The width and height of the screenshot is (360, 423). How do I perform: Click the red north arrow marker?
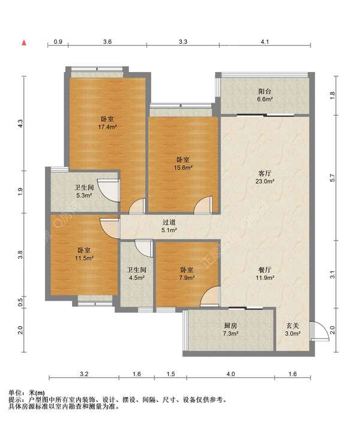click(x=24, y=43)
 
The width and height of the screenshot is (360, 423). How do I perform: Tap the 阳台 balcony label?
click(x=265, y=91)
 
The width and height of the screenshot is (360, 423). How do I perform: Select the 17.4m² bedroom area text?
click(x=107, y=127)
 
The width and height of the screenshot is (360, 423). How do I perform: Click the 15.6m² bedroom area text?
click(x=183, y=167)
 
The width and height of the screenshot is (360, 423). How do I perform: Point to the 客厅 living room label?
click(x=265, y=173)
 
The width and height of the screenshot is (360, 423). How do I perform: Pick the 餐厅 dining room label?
click(x=265, y=269)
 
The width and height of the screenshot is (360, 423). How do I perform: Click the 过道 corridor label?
click(x=169, y=222)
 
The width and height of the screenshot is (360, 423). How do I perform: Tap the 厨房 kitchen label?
click(x=230, y=326)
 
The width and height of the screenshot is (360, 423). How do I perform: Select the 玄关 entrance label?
click(x=293, y=326)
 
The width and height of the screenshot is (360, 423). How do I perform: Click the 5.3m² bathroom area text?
click(x=85, y=196)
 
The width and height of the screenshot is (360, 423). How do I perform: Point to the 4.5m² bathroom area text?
click(x=137, y=277)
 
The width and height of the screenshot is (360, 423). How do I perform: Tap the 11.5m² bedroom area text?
click(x=84, y=258)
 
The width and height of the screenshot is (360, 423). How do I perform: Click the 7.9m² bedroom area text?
click(x=187, y=277)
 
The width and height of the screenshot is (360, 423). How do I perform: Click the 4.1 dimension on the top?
click(x=265, y=42)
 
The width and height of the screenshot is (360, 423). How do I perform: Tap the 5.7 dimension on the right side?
click(x=332, y=178)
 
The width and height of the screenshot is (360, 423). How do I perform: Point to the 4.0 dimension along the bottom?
click(x=230, y=374)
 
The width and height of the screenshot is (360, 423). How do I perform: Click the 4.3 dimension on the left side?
click(x=20, y=124)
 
